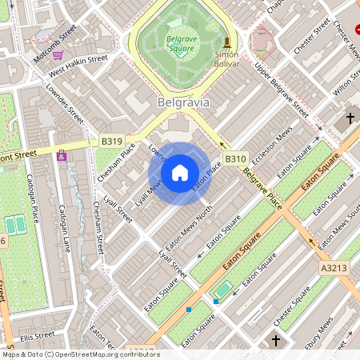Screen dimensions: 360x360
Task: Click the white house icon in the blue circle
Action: (x=180, y=173)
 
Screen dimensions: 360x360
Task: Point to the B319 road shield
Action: (x=112, y=142)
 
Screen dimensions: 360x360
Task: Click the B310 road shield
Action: (x=234, y=158)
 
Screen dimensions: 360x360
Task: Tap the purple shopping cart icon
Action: (x=58, y=55)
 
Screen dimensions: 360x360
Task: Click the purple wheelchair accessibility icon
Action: (x=62, y=155)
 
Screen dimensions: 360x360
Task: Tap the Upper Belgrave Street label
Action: (x=282, y=87)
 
